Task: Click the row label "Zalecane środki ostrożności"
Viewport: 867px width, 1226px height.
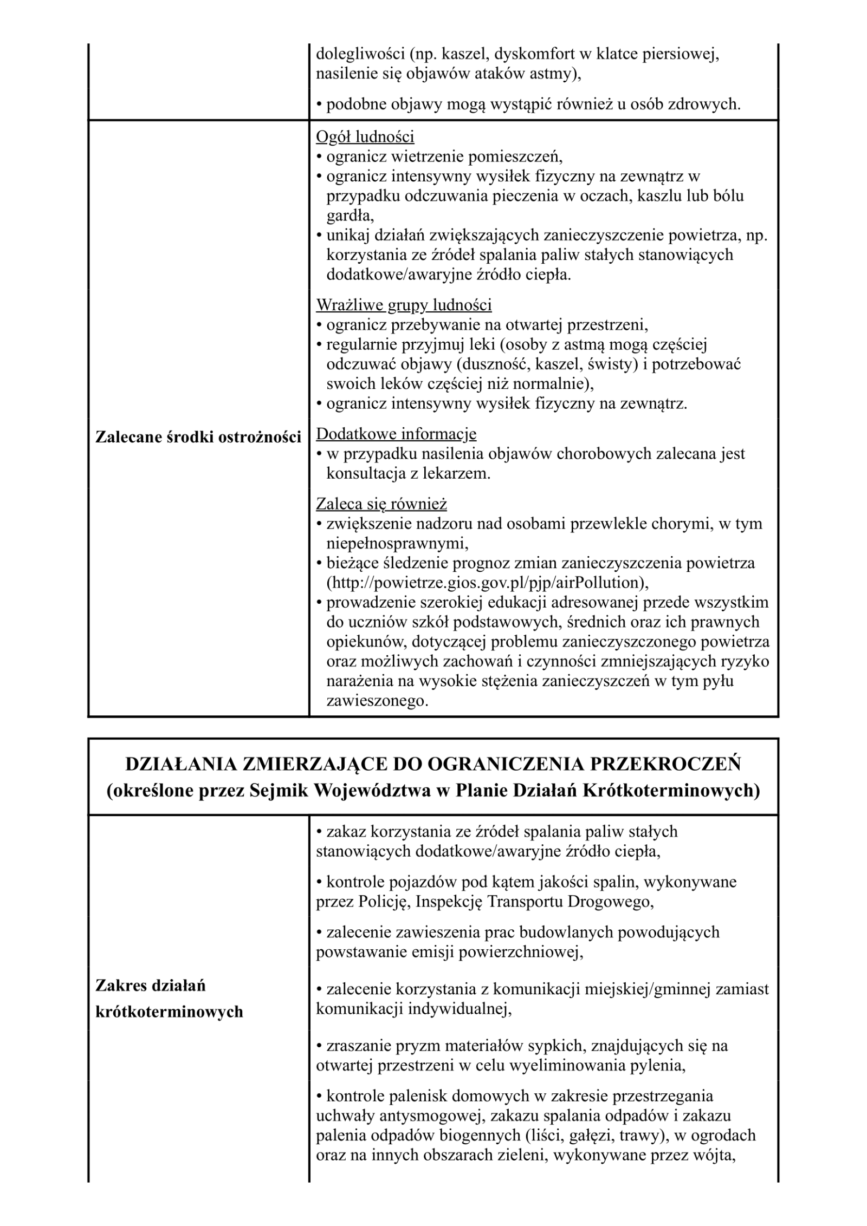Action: click(x=198, y=437)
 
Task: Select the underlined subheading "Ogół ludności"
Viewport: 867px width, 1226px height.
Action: click(x=365, y=137)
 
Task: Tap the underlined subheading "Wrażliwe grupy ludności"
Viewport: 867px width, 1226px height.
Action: click(x=404, y=305)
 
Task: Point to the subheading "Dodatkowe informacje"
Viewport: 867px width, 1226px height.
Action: click(x=396, y=434)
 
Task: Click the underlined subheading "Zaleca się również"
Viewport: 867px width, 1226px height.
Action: click(x=381, y=504)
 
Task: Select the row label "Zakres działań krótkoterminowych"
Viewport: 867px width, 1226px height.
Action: click(x=169, y=999)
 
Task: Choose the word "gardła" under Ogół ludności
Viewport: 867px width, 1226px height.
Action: click(x=348, y=216)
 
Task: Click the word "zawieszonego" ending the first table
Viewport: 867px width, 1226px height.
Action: click(x=376, y=701)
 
